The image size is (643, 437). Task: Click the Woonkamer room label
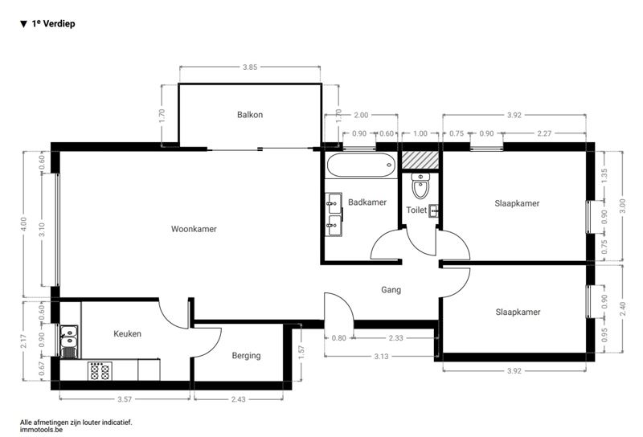coord(194,229)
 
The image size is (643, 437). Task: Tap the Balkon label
coord(250,114)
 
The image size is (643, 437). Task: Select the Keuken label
coord(127,333)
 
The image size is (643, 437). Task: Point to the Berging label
coord(246,355)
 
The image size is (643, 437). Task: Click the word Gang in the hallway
coord(391,290)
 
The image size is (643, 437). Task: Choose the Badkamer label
coord(367,202)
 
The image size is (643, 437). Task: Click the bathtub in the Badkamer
coord(361,165)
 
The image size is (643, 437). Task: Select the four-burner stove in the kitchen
coord(100,371)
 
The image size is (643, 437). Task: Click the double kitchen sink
coord(69,341)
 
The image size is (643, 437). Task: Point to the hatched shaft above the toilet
coord(420,161)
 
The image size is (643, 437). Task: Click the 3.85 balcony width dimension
coord(250,67)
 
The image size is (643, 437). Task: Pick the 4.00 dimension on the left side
coord(23,224)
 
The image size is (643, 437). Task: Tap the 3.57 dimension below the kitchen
coord(125,399)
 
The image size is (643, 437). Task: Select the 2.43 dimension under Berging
coord(238,399)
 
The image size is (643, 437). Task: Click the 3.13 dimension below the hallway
coord(381,356)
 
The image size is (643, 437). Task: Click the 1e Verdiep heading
coord(47,24)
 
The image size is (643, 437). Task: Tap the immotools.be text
coord(41,430)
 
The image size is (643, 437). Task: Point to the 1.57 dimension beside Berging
coord(301,353)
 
